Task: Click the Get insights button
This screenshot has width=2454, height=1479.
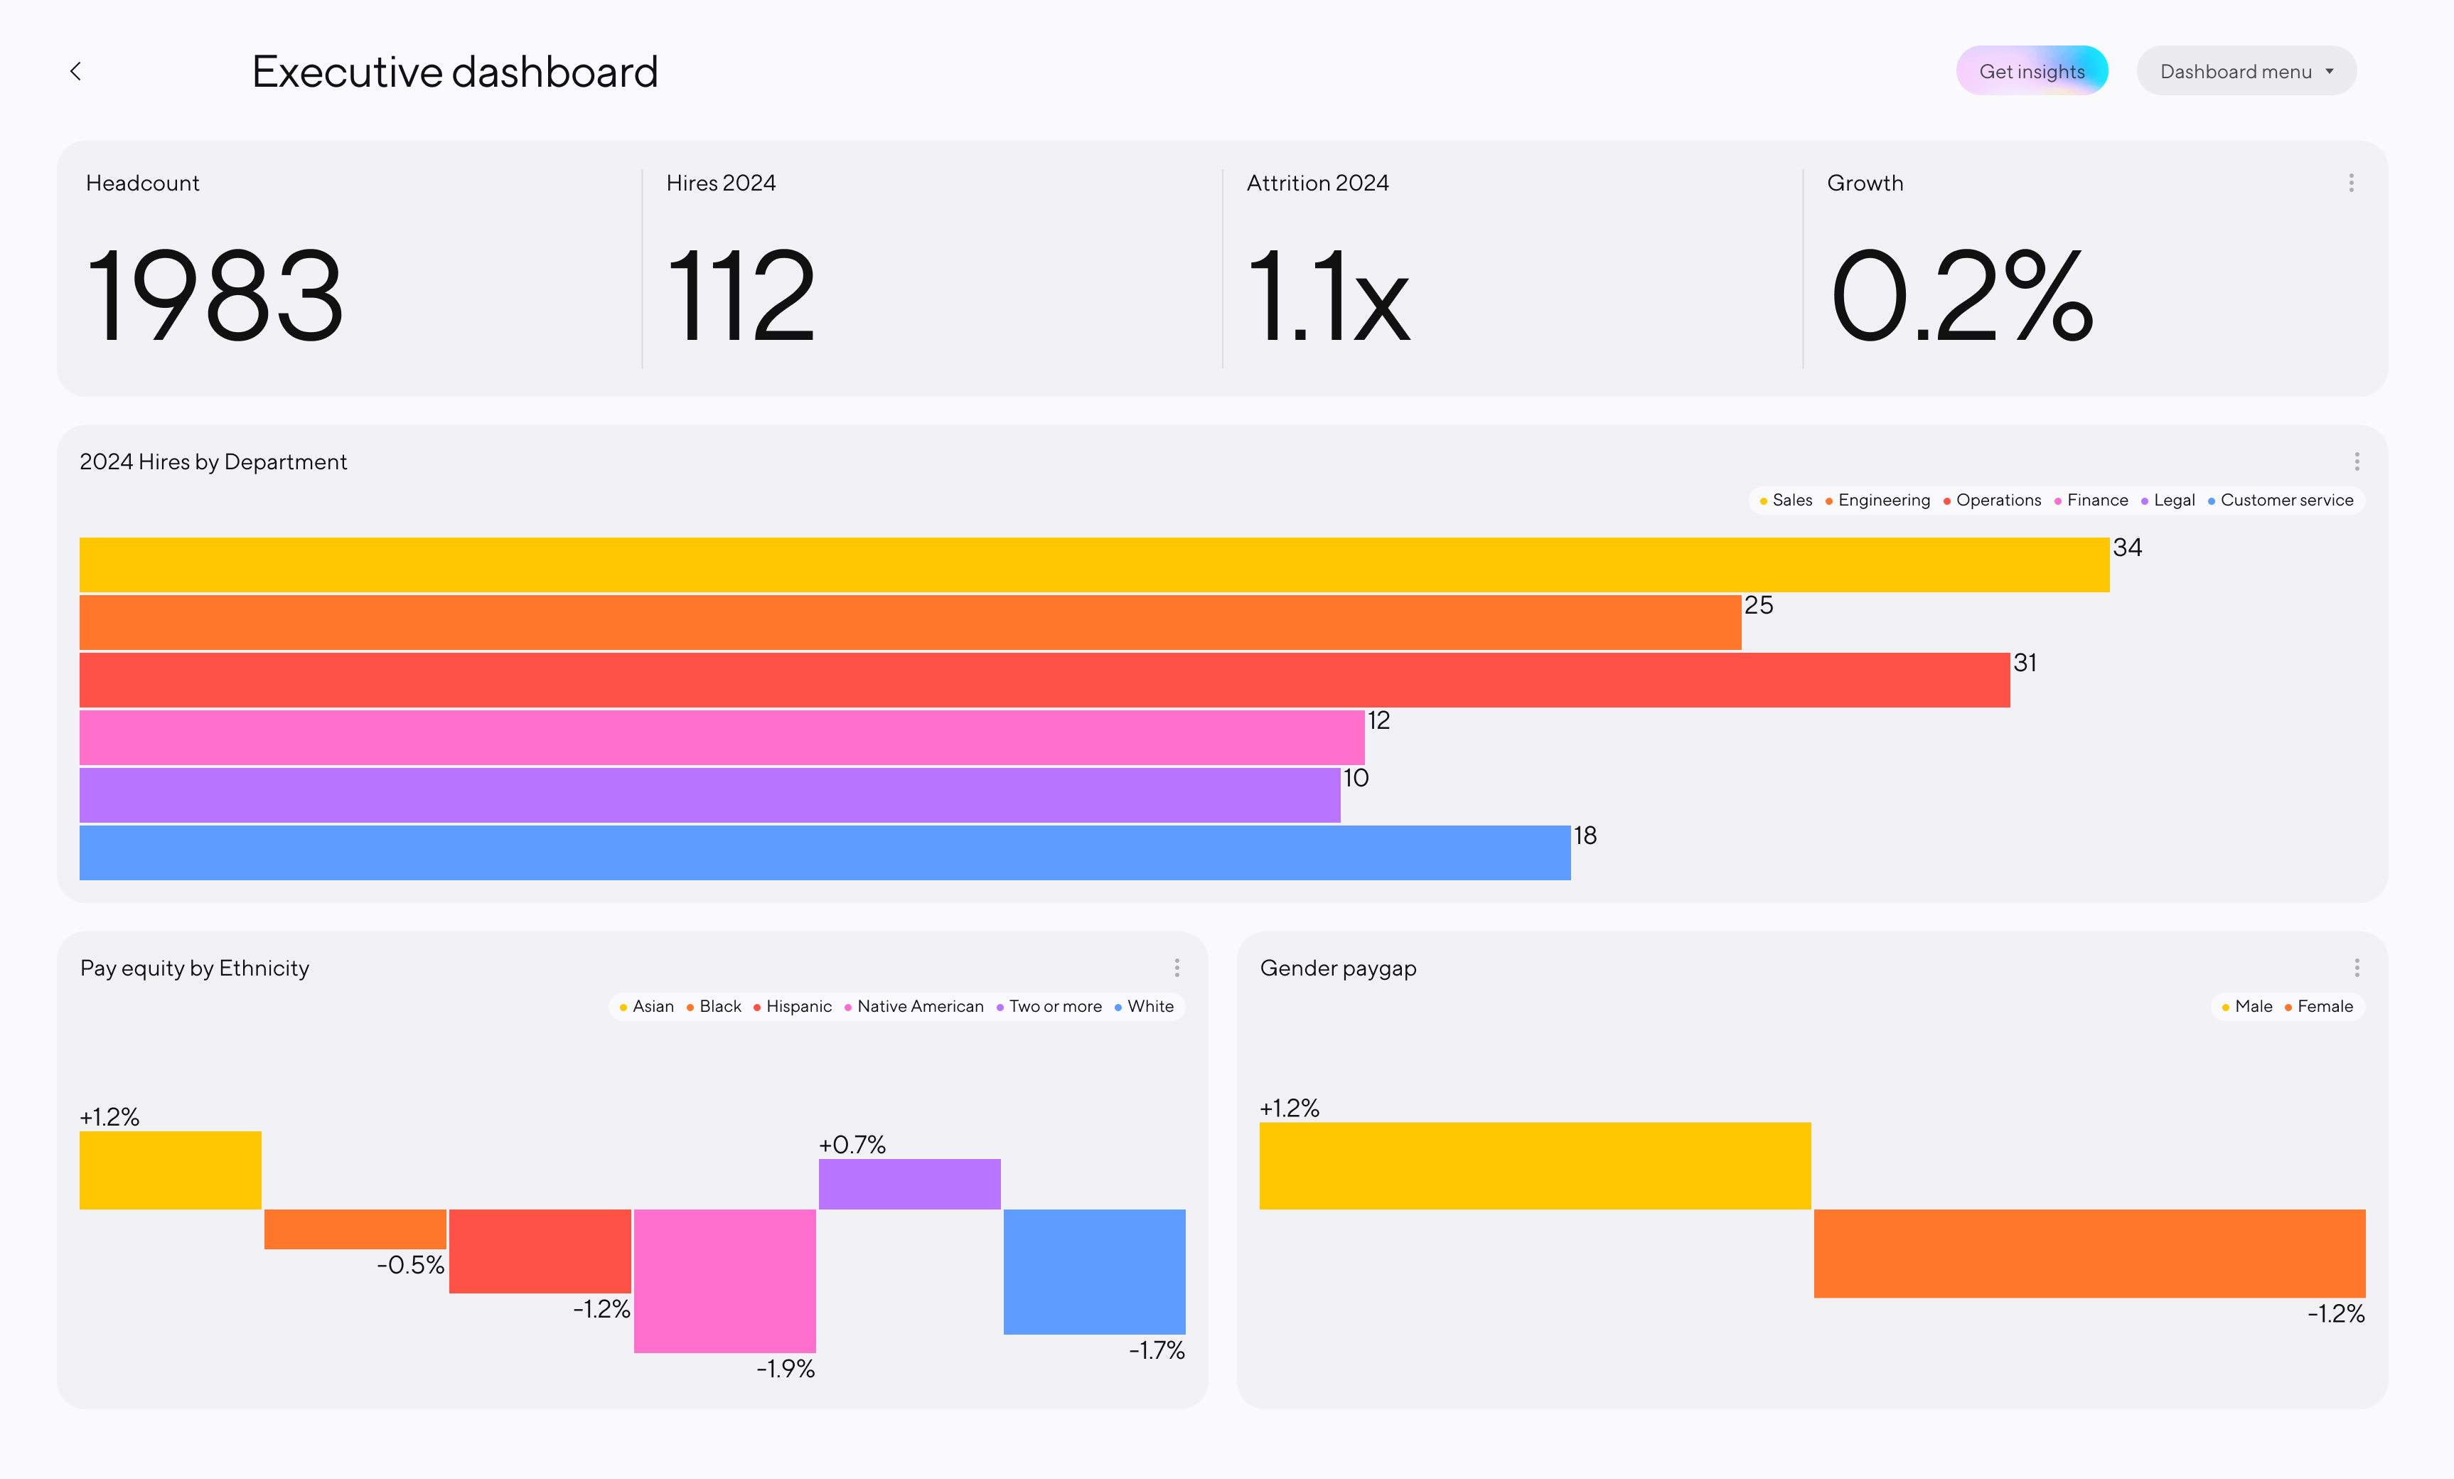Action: tap(2031, 70)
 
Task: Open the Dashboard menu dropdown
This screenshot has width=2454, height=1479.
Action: tap(2245, 70)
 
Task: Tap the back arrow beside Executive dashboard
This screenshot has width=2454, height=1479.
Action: tap(75, 70)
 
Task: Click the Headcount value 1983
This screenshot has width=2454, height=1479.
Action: tap(215, 296)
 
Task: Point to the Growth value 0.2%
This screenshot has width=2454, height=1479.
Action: tap(1961, 296)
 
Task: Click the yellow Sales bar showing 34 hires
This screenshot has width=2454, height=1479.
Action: tap(1093, 565)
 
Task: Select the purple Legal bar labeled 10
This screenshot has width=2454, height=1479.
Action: tap(709, 795)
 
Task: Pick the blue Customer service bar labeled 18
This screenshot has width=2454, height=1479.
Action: tap(825, 853)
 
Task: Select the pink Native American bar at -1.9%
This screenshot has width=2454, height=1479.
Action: tap(725, 1280)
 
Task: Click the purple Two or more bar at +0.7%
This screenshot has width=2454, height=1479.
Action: tap(909, 1184)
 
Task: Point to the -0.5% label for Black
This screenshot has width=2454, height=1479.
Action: tap(410, 1265)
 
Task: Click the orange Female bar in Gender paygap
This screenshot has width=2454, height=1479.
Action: tap(2089, 1253)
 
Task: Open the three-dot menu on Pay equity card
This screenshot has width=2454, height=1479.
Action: tap(1177, 967)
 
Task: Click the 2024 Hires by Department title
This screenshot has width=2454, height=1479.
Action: tap(213, 462)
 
